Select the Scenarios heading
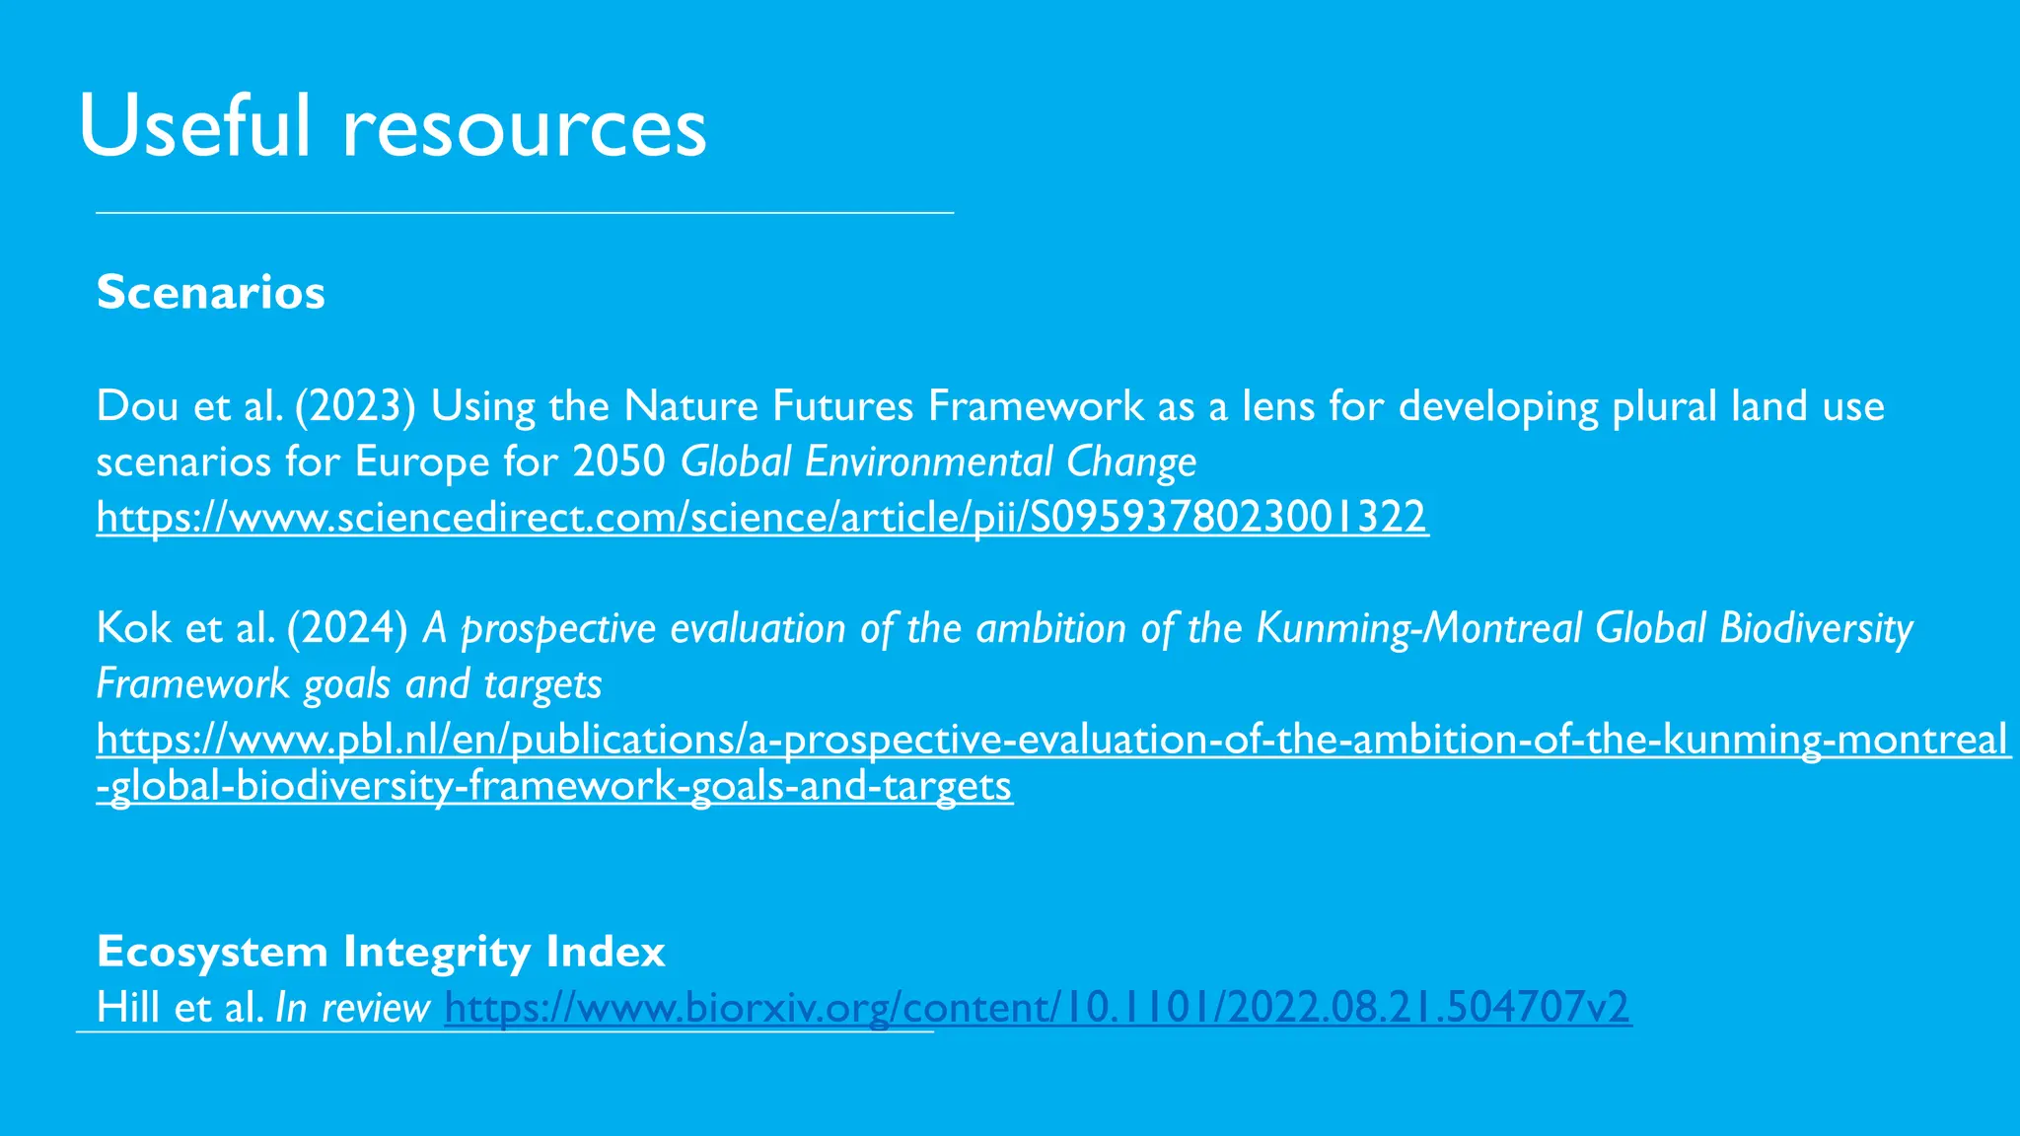point(211,292)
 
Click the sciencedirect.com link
point(761,517)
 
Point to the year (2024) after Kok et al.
point(347,628)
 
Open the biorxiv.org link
point(1038,1008)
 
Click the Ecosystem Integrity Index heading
point(381,952)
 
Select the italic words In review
point(352,1008)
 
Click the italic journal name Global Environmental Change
point(938,461)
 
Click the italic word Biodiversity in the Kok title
point(1816,628)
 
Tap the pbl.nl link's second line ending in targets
point(554,786)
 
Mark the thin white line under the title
point(525,212)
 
